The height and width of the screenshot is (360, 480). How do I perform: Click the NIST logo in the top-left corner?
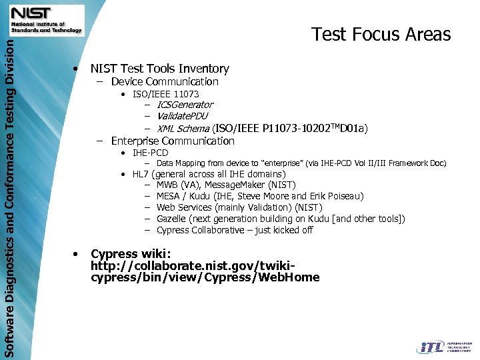pyautogui.click(x=46, y=20)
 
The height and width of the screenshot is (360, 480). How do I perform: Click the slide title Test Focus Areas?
pyautogui.click(x=381, y=35)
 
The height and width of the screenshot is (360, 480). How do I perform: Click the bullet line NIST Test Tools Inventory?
pyautogui.click(x=159, y=69)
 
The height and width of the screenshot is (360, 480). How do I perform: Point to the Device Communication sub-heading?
pyautogui.click(x=165, y=82)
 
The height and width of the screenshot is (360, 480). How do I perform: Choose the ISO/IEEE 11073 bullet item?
pyautogui.click(x=165, y=95)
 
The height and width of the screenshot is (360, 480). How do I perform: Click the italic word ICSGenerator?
pyautogui.click(x=185, y=105)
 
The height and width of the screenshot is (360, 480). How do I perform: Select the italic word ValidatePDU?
pyautogui.click(x=182, y=116)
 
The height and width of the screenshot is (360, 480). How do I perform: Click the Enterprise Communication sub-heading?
pyautogui.click(x=173, y=141)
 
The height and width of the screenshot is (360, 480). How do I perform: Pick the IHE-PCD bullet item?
pyautogui.click(x=150, y=153)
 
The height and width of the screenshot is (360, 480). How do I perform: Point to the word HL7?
pyautogui.click(x=141, y=174)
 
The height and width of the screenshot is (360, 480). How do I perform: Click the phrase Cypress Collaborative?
pyautogui.click(x=201, y=230)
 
